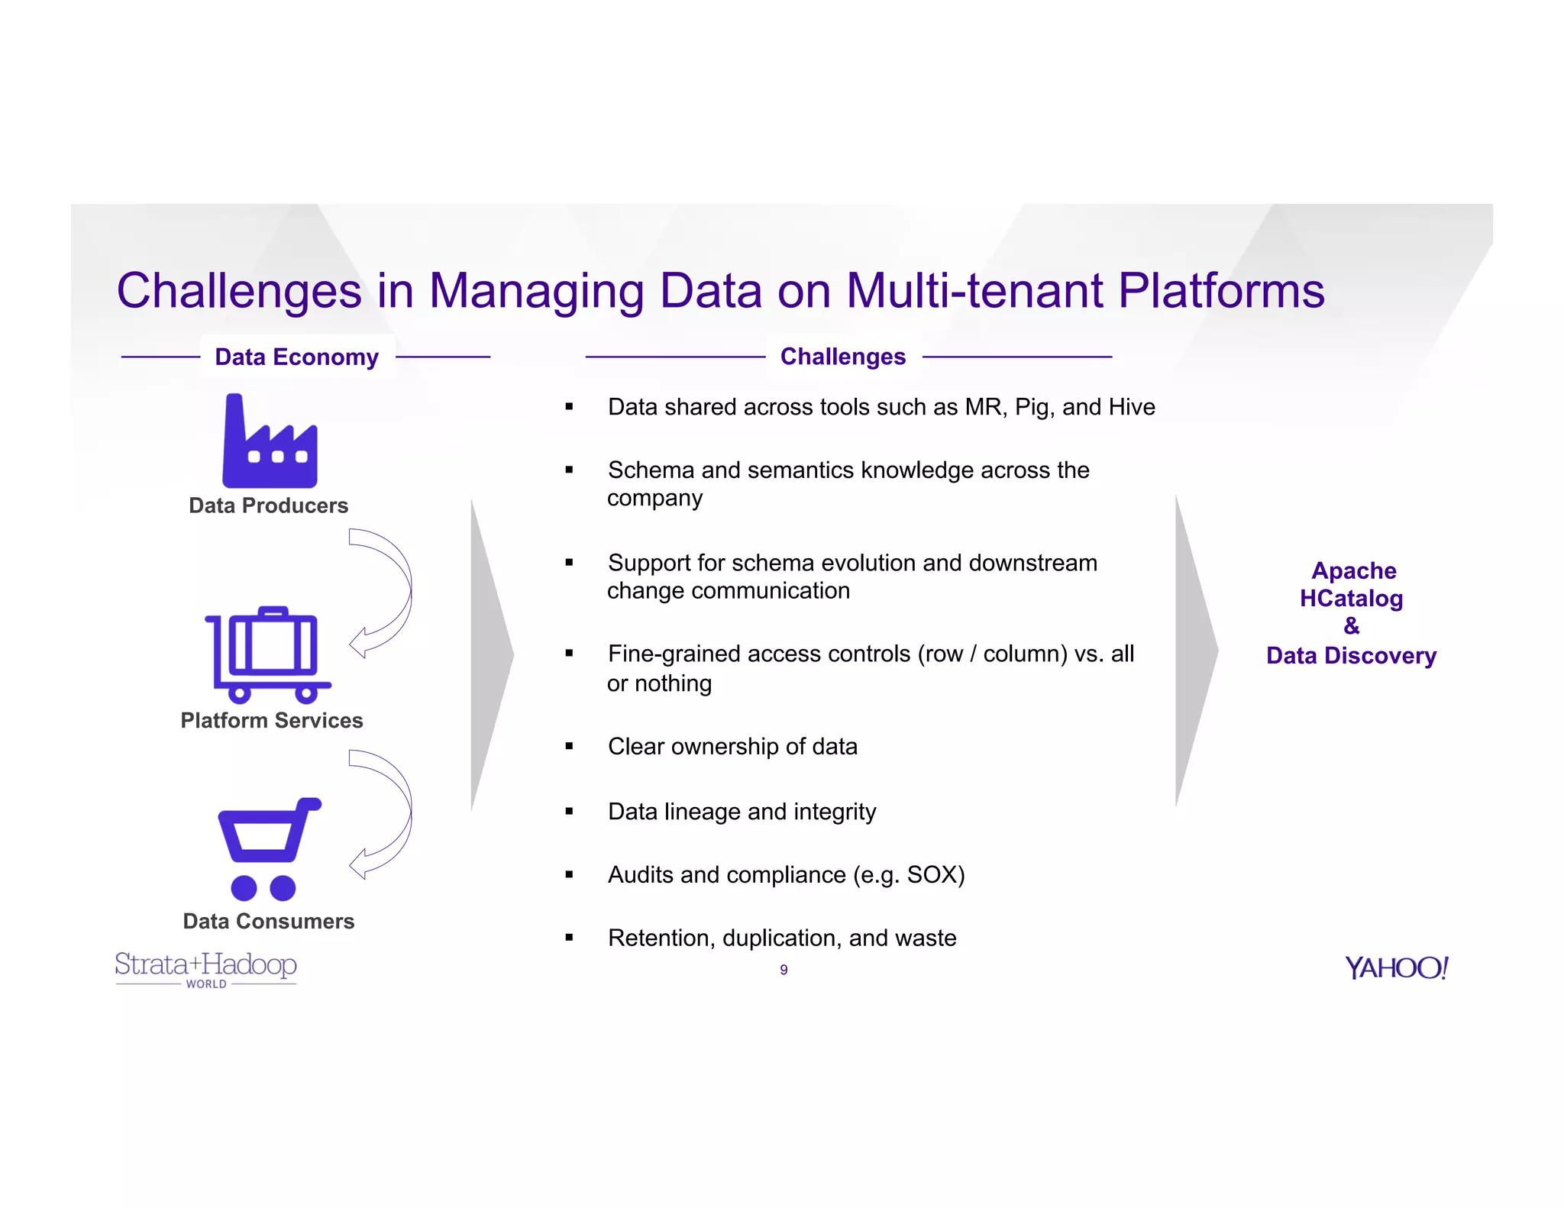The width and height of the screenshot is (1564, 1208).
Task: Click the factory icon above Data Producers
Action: point(270,443)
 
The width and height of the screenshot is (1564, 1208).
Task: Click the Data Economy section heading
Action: point(296,357)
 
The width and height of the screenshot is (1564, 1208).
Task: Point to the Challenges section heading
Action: point(842,357)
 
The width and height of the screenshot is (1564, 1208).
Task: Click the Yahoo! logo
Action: point(1396,967)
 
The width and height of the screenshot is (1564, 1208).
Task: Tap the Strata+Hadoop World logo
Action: point(205,968)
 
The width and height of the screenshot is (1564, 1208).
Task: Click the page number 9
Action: point(784,970)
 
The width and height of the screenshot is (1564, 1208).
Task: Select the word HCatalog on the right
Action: point(1351,599)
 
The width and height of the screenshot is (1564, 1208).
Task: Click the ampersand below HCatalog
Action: point(1351,626)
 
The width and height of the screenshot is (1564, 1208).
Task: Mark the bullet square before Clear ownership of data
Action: point(569,746)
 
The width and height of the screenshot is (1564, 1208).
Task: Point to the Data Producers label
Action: point(268,505)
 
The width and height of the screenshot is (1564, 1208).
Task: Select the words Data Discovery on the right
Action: point(1351,655)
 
